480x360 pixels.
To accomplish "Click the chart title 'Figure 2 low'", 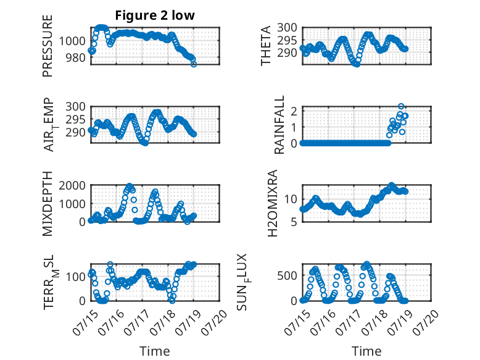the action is click(x=155, y=15).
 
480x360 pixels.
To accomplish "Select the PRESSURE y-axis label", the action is click(x=48, y=46).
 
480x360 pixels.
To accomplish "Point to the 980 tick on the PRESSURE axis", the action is click(x=76, y=57).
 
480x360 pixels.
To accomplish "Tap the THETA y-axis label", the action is click(x=266, y=46).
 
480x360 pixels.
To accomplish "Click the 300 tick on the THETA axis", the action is click(x=287, y=28).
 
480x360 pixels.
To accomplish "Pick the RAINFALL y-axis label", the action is click(x=279, y=124).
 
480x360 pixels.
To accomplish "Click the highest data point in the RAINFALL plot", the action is click(x=401, y=106).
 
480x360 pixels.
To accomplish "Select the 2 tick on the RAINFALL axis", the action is click(x=294, y=111).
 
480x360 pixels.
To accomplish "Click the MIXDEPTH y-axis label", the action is click(x=48, y=203).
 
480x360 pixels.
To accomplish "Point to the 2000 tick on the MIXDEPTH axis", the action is click(x=72, y=185).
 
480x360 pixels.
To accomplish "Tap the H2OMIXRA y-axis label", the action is click(x=273, y=203).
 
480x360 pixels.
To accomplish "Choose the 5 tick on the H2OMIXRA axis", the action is click(x=294, y=222).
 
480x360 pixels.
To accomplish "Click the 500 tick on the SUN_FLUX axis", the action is click(x=287, y=275).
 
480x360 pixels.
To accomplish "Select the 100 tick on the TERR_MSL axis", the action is click(x=76, y=277).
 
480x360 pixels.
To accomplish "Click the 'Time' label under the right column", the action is click(x=366, y=351).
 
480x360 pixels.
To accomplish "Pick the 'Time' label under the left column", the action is click(x=155, y=351).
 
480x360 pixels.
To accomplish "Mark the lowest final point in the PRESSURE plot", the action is click(x=194, y=64).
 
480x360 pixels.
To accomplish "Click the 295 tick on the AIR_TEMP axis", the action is click(x=76, y=120).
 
